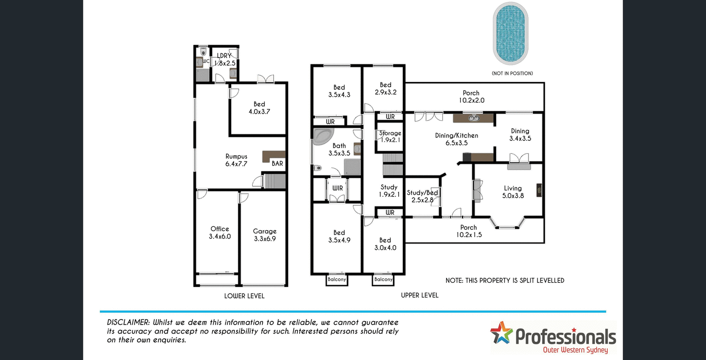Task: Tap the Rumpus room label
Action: coord(236,160)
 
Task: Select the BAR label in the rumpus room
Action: coord(278,164)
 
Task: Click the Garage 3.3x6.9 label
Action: coord(265,235)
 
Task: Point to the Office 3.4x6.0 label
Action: coord(220,232)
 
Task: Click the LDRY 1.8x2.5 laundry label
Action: coord(224,59)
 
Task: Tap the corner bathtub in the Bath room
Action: coord(322,137)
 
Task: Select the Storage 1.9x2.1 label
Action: coord(390,136)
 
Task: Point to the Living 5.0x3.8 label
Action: coord(513,192)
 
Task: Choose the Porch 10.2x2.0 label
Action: coord(471,96)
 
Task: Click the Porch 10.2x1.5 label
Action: coord(468,231)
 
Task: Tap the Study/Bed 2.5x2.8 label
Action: coord(422,196)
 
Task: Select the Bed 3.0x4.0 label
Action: coord(385,244)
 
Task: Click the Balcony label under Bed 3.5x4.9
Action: coord(337,280)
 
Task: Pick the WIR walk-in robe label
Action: coord(337,188)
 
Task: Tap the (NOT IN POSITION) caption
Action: coord(512,73)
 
